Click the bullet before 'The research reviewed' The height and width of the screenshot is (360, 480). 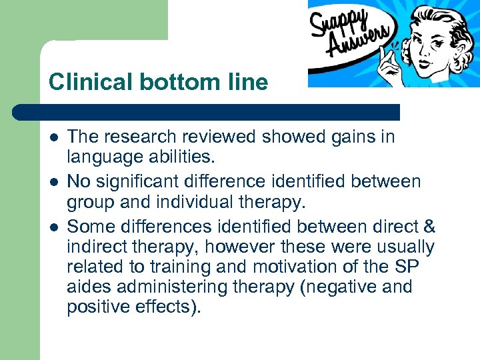coord(53,138)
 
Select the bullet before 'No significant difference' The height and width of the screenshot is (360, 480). coord(53,182)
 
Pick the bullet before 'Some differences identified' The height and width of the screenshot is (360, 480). coord(53,226)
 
